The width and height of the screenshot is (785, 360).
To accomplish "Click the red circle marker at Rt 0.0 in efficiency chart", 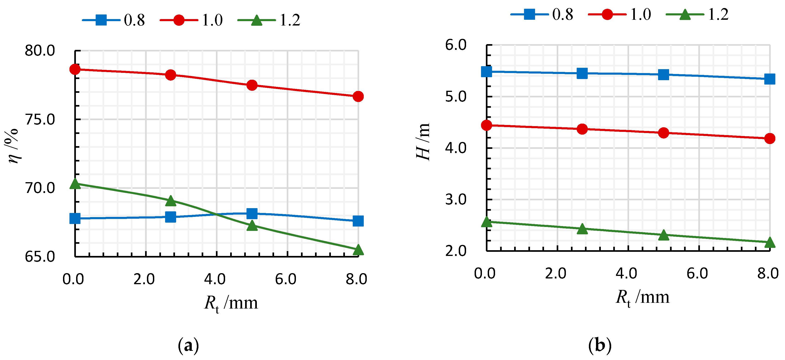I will click(75, 69).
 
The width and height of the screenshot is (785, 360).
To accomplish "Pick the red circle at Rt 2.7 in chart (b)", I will click(582, 129).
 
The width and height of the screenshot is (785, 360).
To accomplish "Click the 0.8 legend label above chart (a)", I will click(134, 20).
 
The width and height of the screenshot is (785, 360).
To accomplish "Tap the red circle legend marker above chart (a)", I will click(179, 20).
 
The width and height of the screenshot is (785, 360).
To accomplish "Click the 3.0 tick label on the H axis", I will click(456, 199).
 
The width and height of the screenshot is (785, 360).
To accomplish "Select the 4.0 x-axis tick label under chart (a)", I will click(215, 279).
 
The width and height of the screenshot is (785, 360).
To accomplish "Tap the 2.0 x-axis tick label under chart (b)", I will click(556, 273).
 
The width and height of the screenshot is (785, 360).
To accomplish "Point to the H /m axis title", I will click(423, 142).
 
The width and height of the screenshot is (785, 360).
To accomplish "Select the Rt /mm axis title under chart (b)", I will click(642, 297).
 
